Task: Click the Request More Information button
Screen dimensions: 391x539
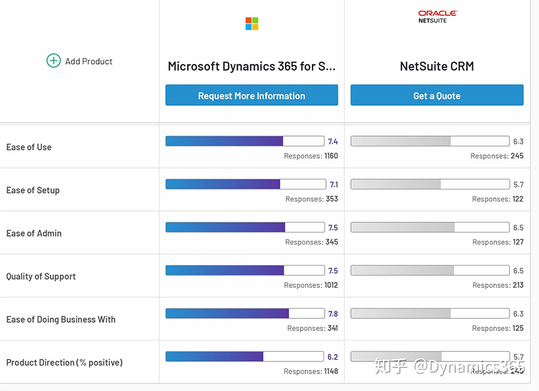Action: tap(251, 96)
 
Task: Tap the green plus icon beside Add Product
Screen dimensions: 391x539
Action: tap(53, 61)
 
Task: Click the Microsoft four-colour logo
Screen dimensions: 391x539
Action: tap(252, 24)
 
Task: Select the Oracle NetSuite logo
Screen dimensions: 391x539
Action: tap(437, 16)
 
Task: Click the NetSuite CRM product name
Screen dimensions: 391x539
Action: tap(437, 66)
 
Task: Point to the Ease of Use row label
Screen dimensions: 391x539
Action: tap(29, 147)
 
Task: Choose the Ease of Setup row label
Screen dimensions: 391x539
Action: tap(33, 190)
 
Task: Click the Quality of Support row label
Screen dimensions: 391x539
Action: tap(41, 276)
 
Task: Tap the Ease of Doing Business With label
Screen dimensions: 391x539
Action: tap(61, 320)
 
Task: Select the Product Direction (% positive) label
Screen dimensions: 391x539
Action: tap(64, 363)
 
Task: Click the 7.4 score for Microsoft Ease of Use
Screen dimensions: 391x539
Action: tap(333, 142)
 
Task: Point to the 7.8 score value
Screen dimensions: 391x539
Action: tap(333, 314)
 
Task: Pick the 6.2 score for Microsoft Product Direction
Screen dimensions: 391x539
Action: tap(333, 357)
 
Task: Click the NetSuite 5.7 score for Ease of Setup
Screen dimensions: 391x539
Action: tap(518, 185)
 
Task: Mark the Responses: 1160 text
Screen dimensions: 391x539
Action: tap(311, 156)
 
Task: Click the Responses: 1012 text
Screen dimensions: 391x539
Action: tap(311, 285)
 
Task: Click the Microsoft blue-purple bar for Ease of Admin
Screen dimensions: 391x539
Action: tap(226, 227)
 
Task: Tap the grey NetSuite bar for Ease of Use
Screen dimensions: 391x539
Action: tap(401, 141)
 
